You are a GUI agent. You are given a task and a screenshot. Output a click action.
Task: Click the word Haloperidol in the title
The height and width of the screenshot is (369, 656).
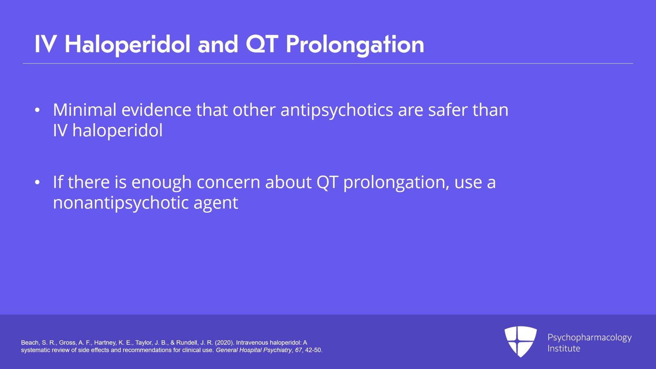point(128,44)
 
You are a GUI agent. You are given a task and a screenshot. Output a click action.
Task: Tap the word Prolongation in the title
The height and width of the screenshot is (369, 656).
point(355,44)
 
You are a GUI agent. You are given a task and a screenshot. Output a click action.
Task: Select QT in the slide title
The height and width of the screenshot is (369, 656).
point(262,44)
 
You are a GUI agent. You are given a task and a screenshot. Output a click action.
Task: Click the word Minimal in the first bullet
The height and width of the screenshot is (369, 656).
point(85,110)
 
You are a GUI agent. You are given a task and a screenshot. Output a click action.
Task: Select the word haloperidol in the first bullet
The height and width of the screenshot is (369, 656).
point(117,131)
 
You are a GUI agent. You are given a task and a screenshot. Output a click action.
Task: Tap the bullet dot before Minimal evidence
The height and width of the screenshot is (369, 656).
point(37,110)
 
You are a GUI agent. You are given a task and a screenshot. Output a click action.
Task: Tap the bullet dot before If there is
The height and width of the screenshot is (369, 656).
point(37,182)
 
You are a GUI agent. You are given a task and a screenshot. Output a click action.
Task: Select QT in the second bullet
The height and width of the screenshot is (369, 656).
point(327,182)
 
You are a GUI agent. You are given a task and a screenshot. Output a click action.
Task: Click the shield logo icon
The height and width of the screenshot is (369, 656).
point(520,341)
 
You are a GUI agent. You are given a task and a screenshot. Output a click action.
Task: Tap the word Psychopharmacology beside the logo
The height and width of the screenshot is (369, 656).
point(589,337)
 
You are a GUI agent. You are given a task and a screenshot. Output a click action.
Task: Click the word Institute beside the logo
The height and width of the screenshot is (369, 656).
point(564,348)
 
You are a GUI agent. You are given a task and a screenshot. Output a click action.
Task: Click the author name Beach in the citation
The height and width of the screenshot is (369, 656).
point(30,342)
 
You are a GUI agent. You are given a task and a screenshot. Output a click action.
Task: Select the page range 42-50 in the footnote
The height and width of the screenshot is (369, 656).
point(313,350)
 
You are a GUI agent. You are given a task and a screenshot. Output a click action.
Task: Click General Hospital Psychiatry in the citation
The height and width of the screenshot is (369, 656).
point(253,350)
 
